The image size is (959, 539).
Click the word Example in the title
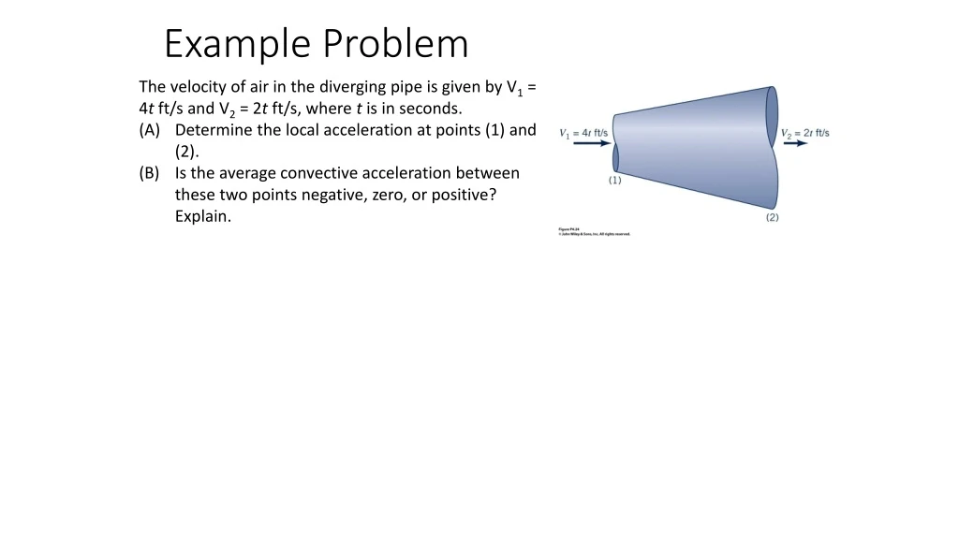pos(239,44)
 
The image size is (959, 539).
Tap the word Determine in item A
pos(214,130)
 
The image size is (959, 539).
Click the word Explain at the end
pos(202,216)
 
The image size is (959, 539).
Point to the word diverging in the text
pos(343,87)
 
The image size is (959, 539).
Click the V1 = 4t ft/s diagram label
pos(583,133)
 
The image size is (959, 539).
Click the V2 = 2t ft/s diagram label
pos(805,133)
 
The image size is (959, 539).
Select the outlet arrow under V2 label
pos(795,144)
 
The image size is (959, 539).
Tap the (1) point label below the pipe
pos(614,181)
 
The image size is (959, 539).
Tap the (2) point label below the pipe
pos(772,217)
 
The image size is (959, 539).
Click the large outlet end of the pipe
pos(773,147)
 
